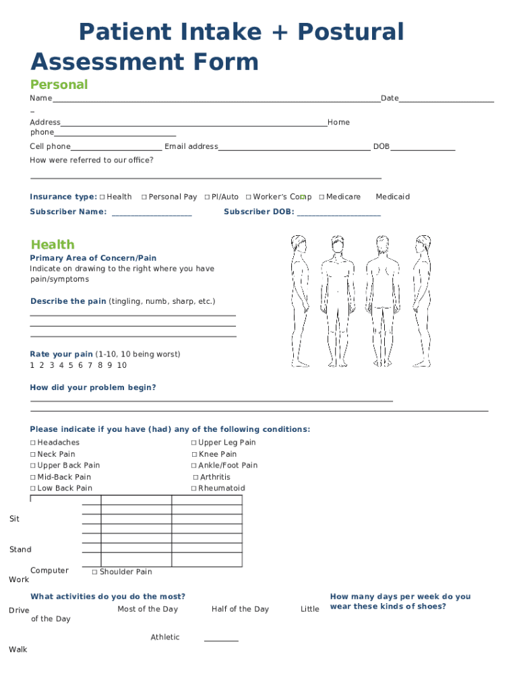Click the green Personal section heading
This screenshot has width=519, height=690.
click(59, 85)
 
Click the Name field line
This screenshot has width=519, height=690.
click(216, 100)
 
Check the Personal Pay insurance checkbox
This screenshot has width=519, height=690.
click(144, 197)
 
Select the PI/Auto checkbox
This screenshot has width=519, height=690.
click(207, 197)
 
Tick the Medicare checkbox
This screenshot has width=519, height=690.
click(322, 197)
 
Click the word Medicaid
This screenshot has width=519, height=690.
click(392, 197)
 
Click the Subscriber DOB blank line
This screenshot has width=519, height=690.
click(338, 214)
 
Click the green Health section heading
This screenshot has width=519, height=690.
click(53, 245)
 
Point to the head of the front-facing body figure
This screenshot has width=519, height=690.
click(338, 244)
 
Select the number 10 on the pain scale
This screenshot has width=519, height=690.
click(121, 365)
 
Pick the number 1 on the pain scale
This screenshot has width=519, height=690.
click(32, 365)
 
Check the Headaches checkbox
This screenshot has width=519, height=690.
click(33, 443)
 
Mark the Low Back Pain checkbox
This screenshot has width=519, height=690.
click(33, 489)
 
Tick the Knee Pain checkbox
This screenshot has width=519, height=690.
click(194, 455)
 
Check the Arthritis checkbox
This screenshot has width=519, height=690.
click(195, 478)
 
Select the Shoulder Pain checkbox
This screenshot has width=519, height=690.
click(95, 572)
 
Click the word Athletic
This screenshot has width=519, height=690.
click(165, 637)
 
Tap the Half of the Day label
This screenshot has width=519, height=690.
click(240, 609)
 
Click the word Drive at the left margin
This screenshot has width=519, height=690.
click(19, 610)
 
